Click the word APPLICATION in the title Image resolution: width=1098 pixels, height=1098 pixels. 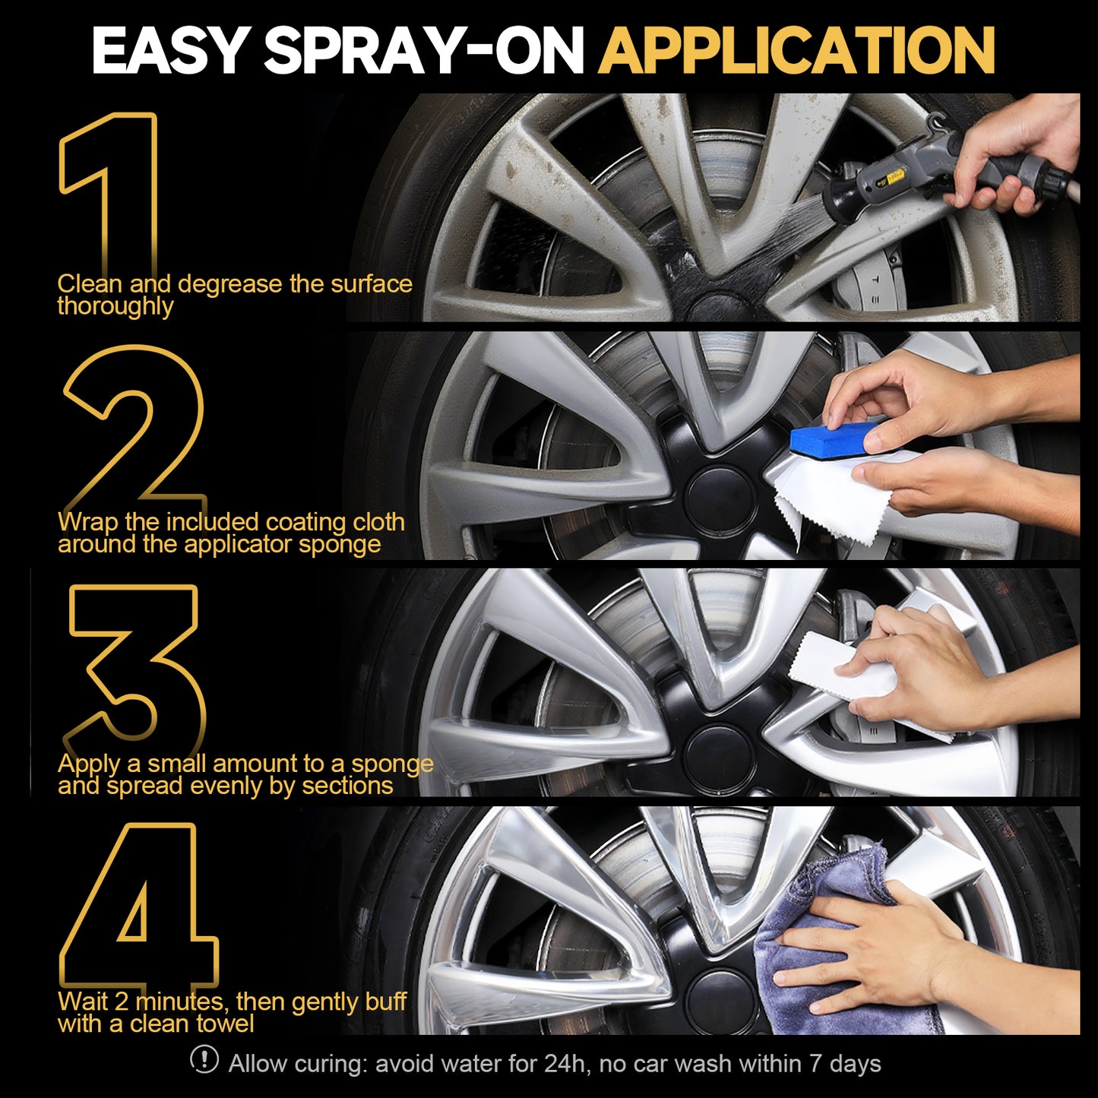point(796,51)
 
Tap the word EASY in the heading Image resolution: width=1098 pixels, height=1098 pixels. point(169,51)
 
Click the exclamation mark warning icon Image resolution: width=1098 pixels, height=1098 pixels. point(204,1060)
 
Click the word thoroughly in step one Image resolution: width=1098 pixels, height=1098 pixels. point(115,306)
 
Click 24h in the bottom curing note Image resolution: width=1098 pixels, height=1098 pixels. point(565,1064)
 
